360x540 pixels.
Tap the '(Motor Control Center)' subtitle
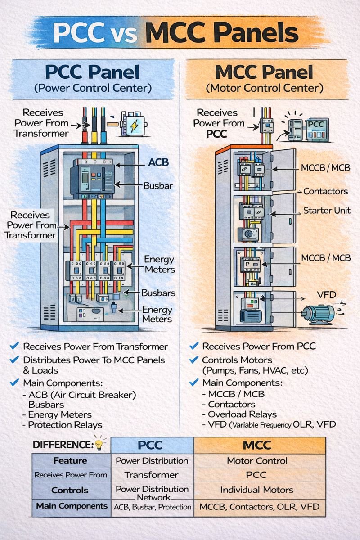pyautogui.click(x=264, y=88)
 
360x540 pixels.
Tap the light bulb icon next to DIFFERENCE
pyautogui.click(x=99, y=445)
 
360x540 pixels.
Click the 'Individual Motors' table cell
pyautogui.click(x=256, y=490)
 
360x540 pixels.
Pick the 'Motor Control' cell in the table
pyautogui.click(x=256, y=461)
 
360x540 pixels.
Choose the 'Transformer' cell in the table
pyautogui.click(x=152, y=475)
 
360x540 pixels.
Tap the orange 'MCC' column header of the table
pyautogui.click(x=256, y=445)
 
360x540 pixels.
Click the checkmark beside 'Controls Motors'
pyautogui.click(x=194, y=360)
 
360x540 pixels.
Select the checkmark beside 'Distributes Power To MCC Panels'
pyautogui.click(x=14, y=360)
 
